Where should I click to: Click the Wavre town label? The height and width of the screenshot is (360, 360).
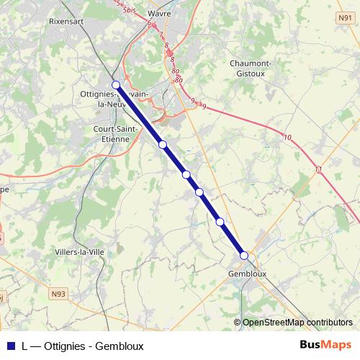point(158,14)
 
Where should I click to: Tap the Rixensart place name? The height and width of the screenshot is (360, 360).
point(67,22)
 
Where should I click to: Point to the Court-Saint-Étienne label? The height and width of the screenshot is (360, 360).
point(112,134)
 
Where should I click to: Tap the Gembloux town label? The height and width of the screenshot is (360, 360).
point(247,274)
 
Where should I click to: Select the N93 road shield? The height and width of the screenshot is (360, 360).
point(58,294)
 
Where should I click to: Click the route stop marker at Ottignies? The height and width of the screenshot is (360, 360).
point(116,85)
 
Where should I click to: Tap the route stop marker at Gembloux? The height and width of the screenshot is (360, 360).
point(243,255)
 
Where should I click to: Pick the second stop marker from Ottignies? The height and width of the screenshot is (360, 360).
point(163,145)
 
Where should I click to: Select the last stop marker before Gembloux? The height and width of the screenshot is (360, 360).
point(220,222)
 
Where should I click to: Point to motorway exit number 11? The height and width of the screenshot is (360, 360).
point(318,168)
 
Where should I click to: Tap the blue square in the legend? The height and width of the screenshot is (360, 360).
point(10,346)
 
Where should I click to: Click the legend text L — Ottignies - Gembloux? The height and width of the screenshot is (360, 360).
point(83,346)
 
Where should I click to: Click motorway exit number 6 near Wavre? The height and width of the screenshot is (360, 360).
point(148,24)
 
